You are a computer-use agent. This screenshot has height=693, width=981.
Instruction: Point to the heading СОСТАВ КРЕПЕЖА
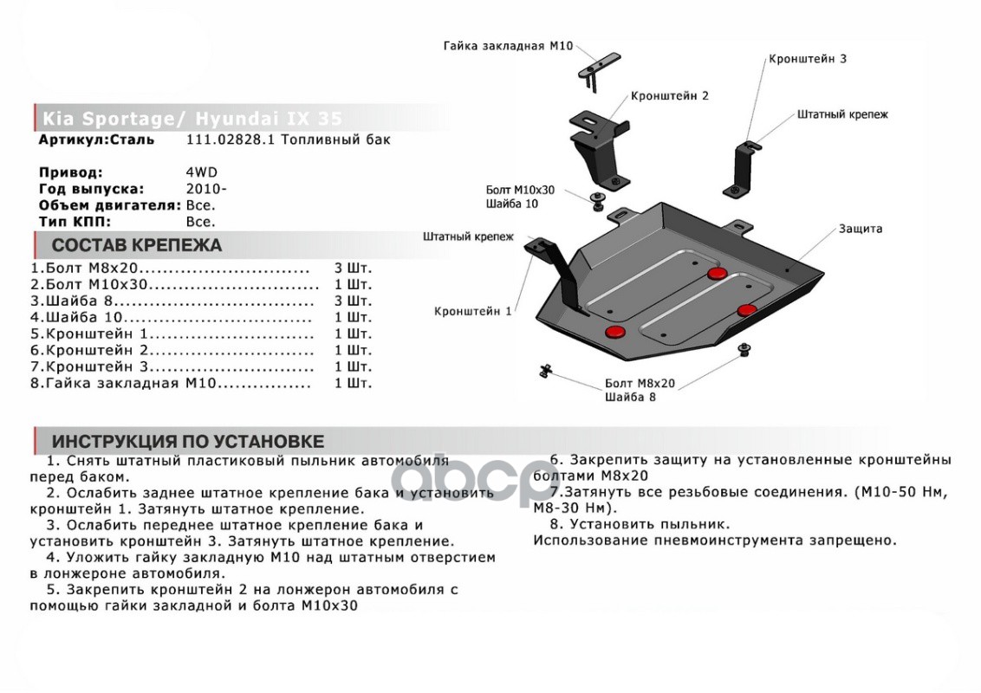tap(136, 245)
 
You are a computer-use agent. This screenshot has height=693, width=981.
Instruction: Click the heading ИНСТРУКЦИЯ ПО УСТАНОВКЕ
tap(187, 441)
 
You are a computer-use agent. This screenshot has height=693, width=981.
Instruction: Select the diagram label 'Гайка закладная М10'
tap(508, 45)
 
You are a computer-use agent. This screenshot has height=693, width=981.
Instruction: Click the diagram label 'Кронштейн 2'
tap(670, 95)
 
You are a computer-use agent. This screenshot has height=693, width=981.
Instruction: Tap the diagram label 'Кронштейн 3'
tap(807, 59)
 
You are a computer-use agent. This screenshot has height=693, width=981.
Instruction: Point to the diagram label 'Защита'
tap(860, 229)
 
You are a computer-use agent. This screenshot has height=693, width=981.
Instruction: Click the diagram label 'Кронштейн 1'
tap(473, 311)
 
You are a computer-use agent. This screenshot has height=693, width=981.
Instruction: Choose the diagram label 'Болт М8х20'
tap(640, 383)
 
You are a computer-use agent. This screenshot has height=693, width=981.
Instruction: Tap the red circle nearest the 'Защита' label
tap(717, 275)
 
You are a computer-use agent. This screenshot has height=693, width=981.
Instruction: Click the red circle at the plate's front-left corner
tap(615, 333)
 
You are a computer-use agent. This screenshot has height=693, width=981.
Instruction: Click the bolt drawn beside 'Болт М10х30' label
tap(596, 202)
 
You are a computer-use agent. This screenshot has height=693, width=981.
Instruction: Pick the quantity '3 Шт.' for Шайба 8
tap(353, 301)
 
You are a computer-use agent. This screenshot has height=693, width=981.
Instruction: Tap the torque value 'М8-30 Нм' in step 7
tap(568, 507)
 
